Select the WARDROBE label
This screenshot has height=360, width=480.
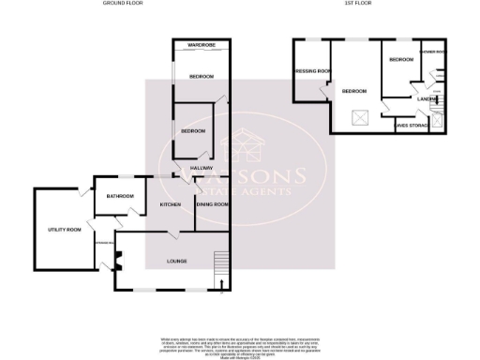tap(201, 45)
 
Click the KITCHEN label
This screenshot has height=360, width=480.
tap(170, 204)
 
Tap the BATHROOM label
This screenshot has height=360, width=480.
tap(120, 196)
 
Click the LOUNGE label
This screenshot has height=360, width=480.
tap(176, 261)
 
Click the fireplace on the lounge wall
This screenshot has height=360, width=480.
tap(117, 262)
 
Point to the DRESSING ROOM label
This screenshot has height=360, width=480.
tap(312, 71)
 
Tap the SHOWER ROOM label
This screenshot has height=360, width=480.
tap(433, 52)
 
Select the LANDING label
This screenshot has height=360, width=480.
tap(428, 98)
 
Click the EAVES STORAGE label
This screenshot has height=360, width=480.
tap(412, 123)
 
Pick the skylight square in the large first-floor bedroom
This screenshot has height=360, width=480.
tap(357, 117)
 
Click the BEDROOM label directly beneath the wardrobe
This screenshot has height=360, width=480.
tap(201, 76)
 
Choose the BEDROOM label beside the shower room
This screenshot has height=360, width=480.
tap(401, 60)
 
